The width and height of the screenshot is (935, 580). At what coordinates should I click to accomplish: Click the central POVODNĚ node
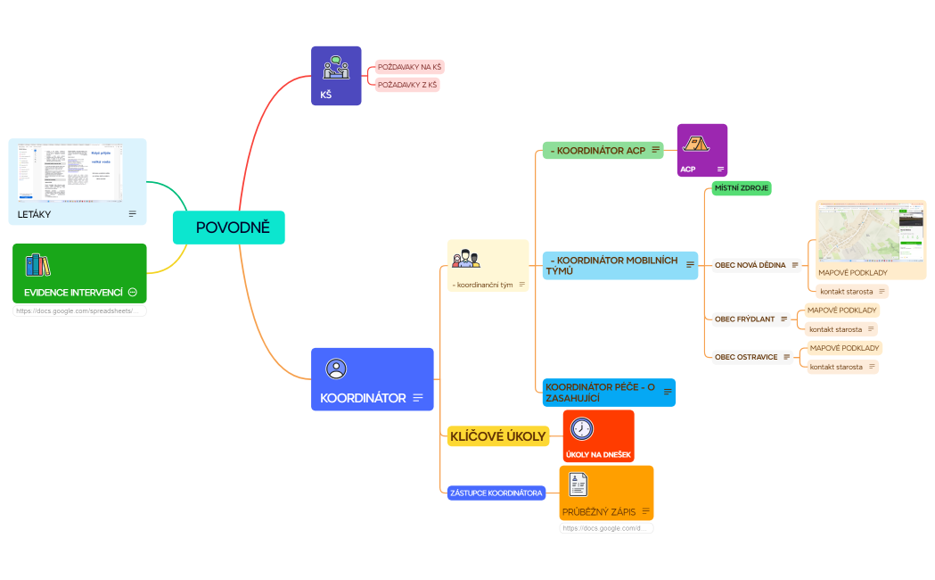click(x=228, y=228)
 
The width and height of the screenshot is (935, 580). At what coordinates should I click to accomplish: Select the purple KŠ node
click(x=335, y=76)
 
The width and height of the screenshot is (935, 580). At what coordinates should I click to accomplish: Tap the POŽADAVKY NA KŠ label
click(x=409, y=67)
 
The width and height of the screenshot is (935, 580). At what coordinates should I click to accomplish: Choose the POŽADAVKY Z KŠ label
click(x=407, y=85)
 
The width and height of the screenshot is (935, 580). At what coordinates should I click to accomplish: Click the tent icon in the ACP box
click(x=694, y=144)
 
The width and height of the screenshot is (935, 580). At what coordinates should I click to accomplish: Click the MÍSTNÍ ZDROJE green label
click(x=741, y=188)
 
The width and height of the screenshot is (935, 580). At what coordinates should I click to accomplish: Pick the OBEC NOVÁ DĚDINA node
click(x=750, y=265)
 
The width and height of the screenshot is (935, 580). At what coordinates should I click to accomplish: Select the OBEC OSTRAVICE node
click(x=746, y=357)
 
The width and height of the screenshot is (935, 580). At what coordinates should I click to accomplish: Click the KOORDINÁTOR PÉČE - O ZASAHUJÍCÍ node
click(x=600, y=393)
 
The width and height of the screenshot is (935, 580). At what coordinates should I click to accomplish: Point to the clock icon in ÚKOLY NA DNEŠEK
click(x=581, y=429)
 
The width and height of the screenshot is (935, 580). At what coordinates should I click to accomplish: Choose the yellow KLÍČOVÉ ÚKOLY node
click(x=497, y=436)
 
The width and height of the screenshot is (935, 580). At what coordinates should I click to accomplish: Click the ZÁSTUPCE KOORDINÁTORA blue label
click(x=496, y=493)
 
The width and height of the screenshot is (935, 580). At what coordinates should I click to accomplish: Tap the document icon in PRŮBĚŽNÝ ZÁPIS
click(x=578, y=485)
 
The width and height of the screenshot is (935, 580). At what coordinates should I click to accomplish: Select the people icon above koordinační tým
click(x=466, y=260)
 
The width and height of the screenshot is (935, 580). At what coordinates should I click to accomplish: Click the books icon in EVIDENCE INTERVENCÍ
click(x=38, y=265)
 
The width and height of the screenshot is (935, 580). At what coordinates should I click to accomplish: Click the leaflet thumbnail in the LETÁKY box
click(x=70, y=171)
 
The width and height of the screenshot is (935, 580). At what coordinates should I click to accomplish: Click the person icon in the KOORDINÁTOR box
click(x=336, y=369)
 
